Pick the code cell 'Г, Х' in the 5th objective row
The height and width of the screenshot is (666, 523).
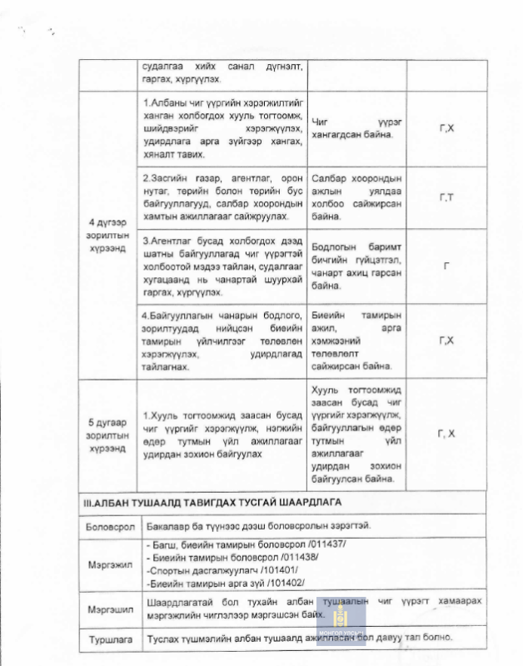446,434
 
